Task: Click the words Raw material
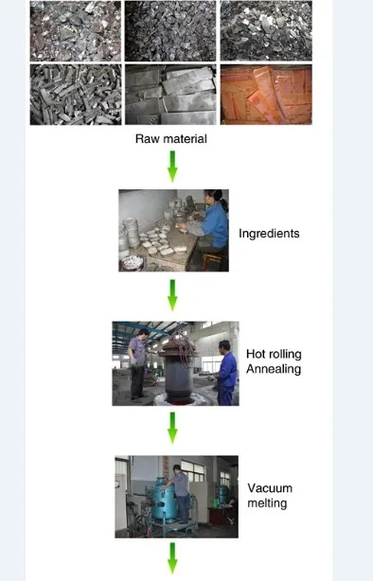pyautogui.click(x=171, y=138)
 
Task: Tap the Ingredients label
pyautogui.click(x=269, y=234)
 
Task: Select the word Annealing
pyautogui.click(x=274, y=369)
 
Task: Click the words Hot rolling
pyautogui.click(x=274, y=354)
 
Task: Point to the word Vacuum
pyautogui.click(x=270, y=488)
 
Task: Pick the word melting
pyautogui.click(x=267, y=503)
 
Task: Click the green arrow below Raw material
pyautogui.click(x=172, y=167)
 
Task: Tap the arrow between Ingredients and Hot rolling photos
pyautogui.click(x=172, y=295)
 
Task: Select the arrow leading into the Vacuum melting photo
pyautogui.click(x=172, y=428)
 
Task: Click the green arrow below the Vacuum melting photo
pyautogui.click(x=172, y=558)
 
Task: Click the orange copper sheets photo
pyautogui.click(x=266, y=95)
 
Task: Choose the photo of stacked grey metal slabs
pyautogui.click(x=170, y=95)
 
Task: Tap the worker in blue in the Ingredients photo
pyautogui.click(x=208, y=226)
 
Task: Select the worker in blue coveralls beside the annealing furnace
pyautogui.click(x=226, y=373)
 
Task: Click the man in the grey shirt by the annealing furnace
pyautogui.click(x=137, y=364)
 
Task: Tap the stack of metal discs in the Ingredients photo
pyautogui.click(x=130, y=233)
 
